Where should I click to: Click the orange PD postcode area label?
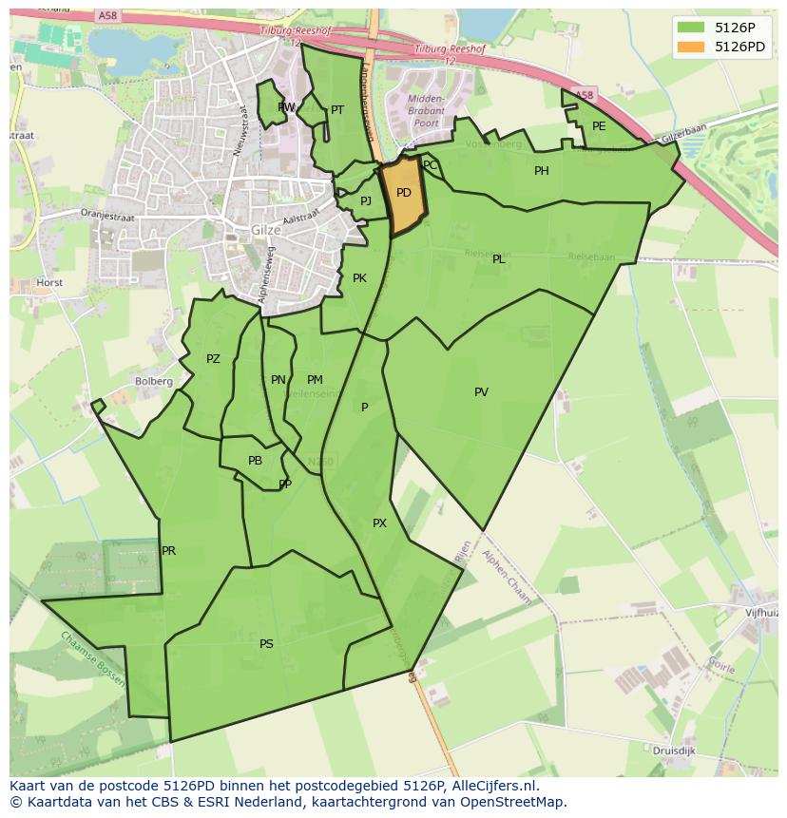404,193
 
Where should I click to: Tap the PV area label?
481,392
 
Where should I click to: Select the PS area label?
266,644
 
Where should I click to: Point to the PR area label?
168,551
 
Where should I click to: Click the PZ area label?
213,359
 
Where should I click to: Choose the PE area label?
599,126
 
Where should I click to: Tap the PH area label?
542,171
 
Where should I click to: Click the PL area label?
498,259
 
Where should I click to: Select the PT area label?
337,110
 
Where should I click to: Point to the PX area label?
379,523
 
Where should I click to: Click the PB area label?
255,461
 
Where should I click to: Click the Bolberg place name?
154,382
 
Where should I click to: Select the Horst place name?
49,283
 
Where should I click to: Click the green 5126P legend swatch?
691,28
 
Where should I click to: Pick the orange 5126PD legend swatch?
691,47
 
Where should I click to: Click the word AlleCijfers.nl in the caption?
493,786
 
